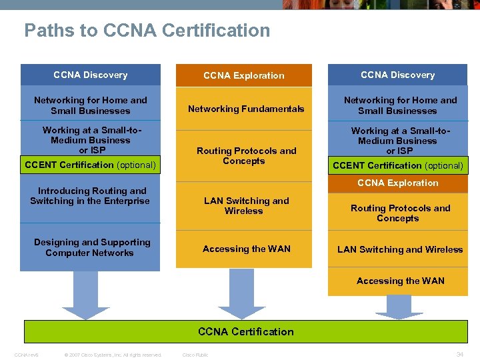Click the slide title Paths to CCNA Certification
147,31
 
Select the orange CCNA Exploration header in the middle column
243,75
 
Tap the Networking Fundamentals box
245,109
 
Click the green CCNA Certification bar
245,331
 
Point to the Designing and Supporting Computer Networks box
91,247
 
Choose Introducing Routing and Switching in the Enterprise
90,195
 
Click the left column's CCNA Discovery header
90,75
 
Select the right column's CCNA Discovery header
397,75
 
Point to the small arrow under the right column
399,307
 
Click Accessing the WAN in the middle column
246,249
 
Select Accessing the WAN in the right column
400,281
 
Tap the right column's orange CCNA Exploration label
397,183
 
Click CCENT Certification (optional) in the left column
90,165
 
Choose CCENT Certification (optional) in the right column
397,165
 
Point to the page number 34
459,355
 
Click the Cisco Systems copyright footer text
113,355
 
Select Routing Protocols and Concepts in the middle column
245,155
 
